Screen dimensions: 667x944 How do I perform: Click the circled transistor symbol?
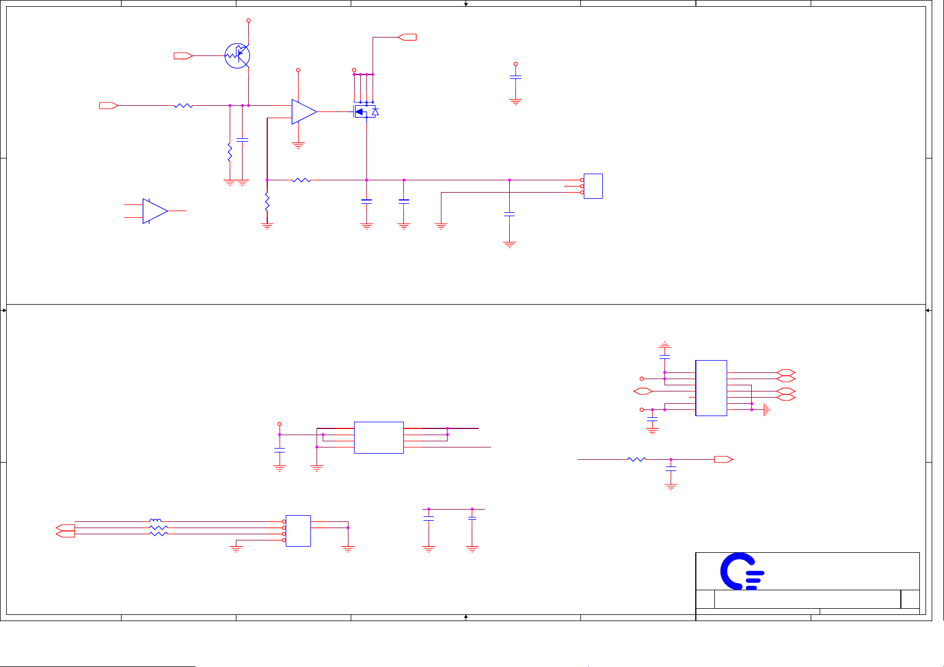[237, 56]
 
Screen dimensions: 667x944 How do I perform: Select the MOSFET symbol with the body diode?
[366, 111]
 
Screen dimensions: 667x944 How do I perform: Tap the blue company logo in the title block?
[741, 571]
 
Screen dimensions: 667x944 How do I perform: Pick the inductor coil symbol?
[155, 521]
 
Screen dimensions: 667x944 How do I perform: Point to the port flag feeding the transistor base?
[183, 55]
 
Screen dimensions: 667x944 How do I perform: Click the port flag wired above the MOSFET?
[407, 37]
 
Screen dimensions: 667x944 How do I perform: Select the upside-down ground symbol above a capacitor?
[664, 344]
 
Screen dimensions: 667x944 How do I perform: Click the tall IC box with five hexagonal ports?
[711, 388]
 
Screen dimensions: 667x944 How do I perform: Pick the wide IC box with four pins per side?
[379, 437]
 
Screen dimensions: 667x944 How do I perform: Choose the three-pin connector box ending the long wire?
[593, 186]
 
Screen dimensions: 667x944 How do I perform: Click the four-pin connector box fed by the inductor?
[298, 531]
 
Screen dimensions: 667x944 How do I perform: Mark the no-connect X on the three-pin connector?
[565, 186]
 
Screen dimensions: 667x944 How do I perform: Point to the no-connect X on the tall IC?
[689, 397]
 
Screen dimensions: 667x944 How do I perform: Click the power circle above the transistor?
[248, 21]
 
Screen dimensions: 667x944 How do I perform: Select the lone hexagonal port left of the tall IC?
[643, 391]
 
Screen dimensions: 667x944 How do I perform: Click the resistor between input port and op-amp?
[183, 105]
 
